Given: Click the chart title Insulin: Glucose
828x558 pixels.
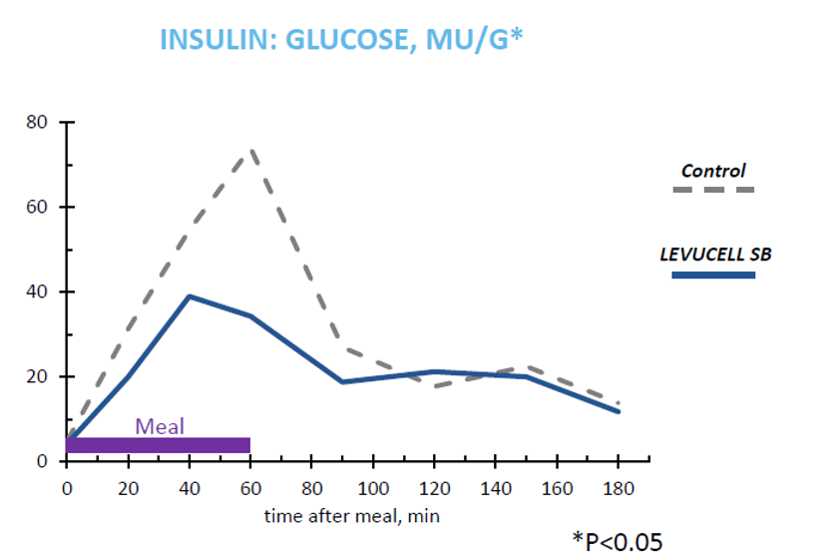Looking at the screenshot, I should [x=341, y=41].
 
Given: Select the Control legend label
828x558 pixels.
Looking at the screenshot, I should [x=712, y=171].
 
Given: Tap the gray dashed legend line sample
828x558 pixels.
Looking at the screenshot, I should [x=712, y=190].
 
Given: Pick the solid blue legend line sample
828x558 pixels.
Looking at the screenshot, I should [x=712, y=275].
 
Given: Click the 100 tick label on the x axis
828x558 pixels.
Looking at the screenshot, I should [x=373, y=489].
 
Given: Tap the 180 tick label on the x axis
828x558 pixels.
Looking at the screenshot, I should [x=619, y=489].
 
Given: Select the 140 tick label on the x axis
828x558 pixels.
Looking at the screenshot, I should [x=496, y=489].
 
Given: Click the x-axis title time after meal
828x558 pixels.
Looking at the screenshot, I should [x=351, y=516].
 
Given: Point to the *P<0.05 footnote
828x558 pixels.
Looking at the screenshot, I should [x=617, y=540].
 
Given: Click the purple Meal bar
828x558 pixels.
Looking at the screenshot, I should [x=158, y=445].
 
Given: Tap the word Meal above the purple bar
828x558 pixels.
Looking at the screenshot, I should [x=160, y=426].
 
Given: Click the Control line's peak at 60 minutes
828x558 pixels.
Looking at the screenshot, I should [x=251, y=152].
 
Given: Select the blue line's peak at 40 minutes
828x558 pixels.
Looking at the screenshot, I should [x=190, y=296].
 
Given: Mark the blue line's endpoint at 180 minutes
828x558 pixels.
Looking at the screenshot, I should [x=619, y=411].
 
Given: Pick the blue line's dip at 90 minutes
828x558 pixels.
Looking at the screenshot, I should [x=342, y=381].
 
